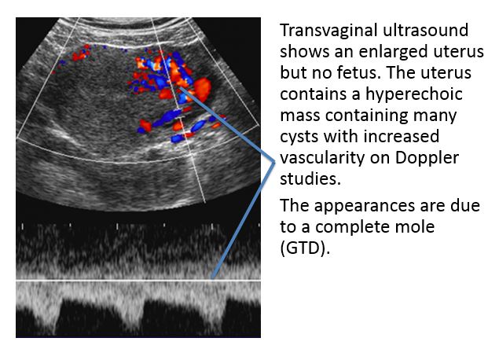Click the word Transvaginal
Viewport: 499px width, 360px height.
(x=328, y=31)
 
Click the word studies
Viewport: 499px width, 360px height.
(x=310, y=178)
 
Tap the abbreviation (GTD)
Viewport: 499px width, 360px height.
(x=305, y=248)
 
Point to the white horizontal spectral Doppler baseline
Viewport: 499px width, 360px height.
(x=138, y=281)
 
